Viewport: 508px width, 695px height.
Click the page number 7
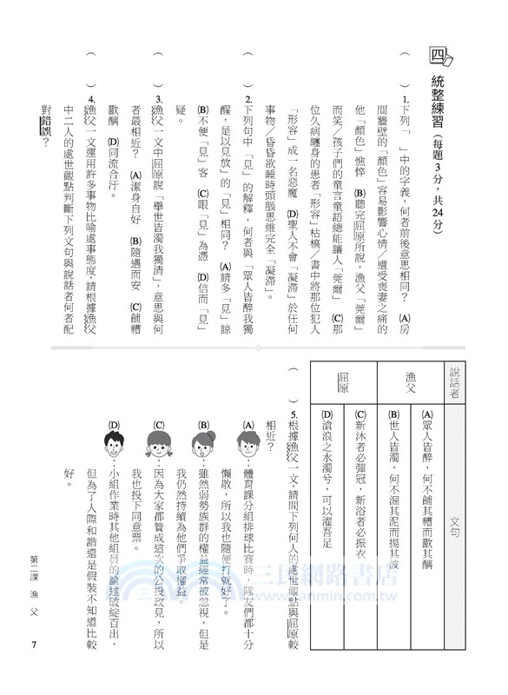(32, 644)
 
